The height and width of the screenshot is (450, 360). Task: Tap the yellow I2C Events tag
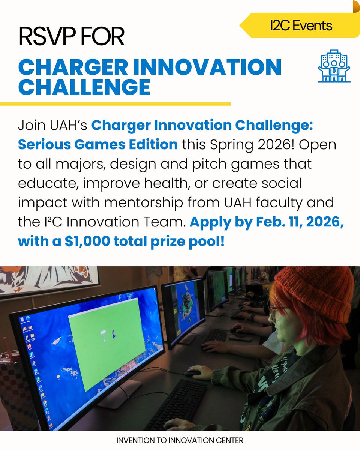(300, 25)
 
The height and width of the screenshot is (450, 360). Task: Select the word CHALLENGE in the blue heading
(84, 87)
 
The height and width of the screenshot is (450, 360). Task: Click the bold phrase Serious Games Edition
(97, 144)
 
